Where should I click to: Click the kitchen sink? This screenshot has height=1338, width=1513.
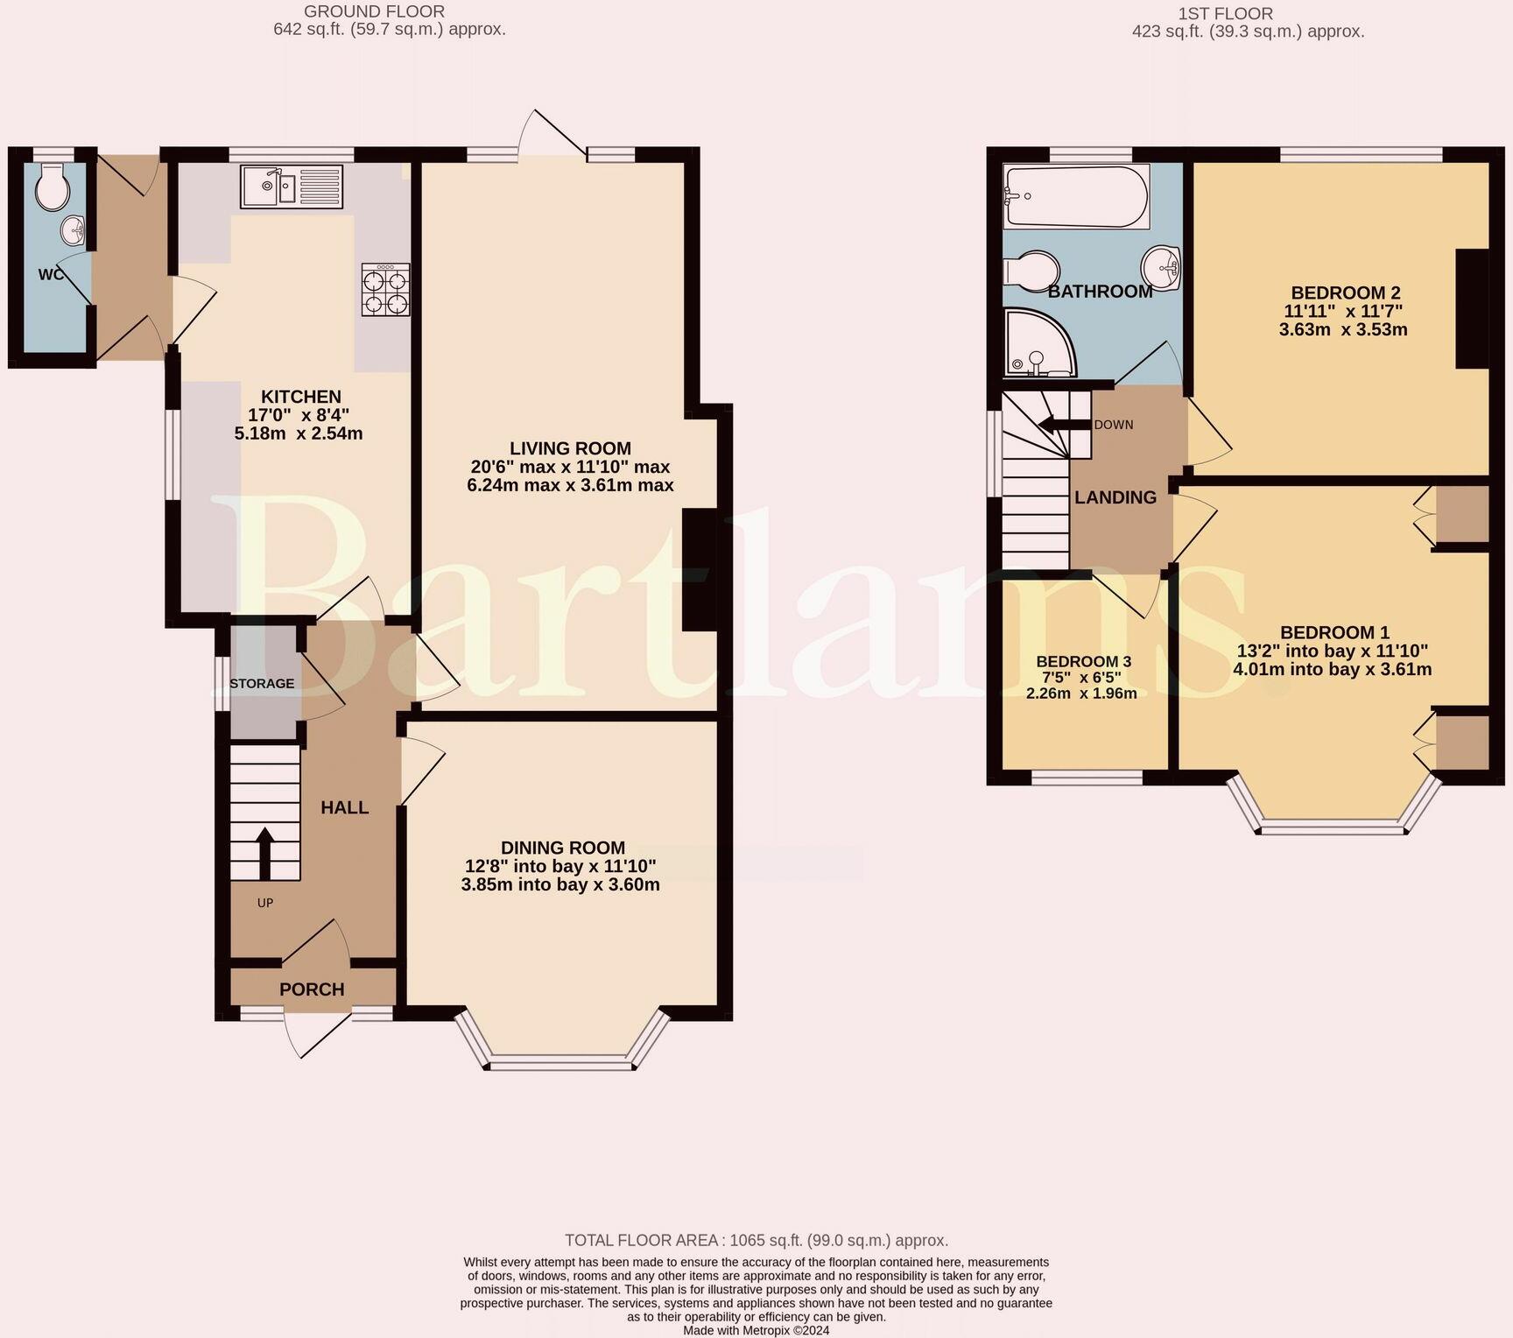tap(292, 187)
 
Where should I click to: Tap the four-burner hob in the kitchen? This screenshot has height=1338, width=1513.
tap(385, 289)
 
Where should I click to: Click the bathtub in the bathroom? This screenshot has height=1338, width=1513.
tap(1076, 196)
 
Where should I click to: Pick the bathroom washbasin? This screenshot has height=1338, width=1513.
tap(1161, 266)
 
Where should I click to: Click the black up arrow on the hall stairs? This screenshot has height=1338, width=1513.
tap(264, 854)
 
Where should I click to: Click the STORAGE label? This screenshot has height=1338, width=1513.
tap(262, 683)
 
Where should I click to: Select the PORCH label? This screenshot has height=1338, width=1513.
tap(312, 989)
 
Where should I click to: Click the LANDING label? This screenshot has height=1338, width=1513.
tap(1115, 497)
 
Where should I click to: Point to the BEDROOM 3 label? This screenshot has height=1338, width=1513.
tap(1083, 662)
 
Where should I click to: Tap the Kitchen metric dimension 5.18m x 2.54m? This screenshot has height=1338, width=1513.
tap(299, 433)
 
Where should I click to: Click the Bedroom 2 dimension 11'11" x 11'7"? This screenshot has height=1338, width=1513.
tap(1343, 312)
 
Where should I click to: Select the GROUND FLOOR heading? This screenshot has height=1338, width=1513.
tap(374, 11)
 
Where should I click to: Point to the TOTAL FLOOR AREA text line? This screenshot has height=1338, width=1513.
tap(756, 1240)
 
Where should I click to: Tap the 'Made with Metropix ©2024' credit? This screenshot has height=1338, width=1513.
tap(756, 1330)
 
